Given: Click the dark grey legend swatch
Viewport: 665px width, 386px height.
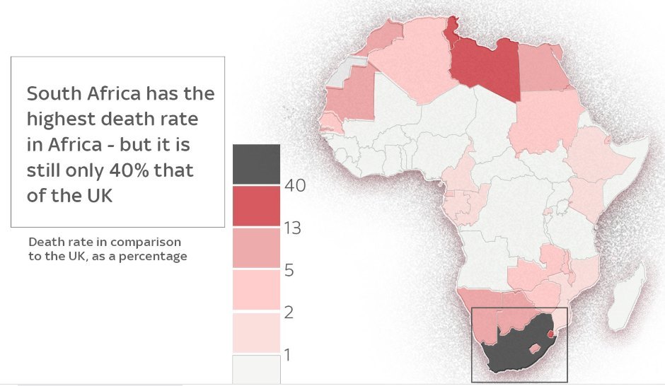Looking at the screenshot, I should tap(256, 164).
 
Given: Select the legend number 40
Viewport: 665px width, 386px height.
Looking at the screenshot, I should tap(294, 187).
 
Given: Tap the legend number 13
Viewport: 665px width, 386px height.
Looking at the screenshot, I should tap(292, 228).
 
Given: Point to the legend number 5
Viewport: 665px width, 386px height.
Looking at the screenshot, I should tap(289, 270).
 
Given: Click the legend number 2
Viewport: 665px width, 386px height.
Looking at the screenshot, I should tap(289, 312).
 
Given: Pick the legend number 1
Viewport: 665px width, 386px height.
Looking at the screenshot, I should tap(288, 353).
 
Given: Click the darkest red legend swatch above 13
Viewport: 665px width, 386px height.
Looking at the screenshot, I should tap(256, 206).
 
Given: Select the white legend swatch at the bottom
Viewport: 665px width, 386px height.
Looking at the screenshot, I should tap(256, 368).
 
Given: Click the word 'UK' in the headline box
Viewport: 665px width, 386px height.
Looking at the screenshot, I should tap(98, 196).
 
